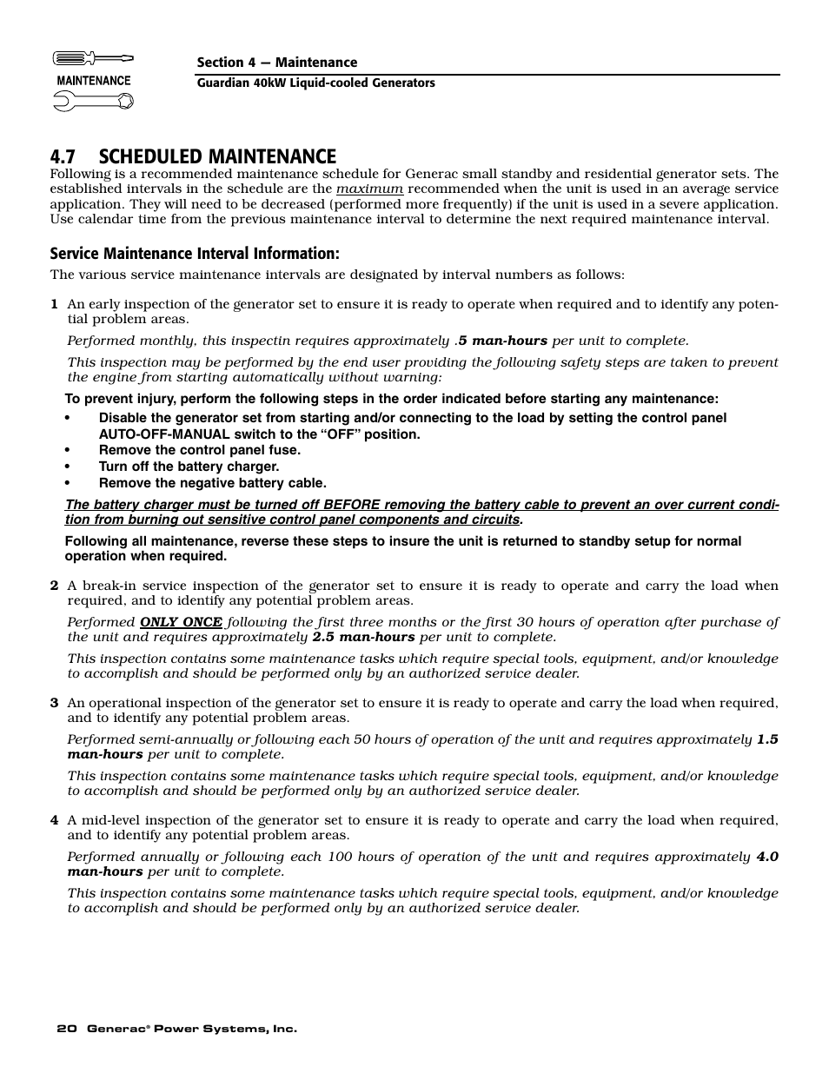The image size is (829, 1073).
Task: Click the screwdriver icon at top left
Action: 93,59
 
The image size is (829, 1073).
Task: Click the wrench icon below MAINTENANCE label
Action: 93,102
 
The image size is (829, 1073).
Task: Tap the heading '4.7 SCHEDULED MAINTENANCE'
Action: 193,156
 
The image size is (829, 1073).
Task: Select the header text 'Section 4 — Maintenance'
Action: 276,63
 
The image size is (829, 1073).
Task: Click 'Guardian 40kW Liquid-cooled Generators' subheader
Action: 315,83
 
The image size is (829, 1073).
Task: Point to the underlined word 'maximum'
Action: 369,189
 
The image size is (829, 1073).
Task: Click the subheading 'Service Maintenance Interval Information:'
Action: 194,254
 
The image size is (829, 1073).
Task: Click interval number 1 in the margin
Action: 54,304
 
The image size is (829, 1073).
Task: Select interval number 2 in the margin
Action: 54,586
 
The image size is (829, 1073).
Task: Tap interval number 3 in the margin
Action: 54,703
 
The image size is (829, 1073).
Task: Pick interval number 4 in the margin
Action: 54,820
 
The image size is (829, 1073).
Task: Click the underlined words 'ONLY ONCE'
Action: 181,622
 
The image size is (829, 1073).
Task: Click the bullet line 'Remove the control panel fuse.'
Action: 199,450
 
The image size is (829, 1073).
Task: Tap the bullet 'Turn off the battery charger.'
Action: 189,467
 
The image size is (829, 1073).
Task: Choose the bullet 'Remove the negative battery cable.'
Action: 212,483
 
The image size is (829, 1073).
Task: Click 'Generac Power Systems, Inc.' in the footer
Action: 191,1029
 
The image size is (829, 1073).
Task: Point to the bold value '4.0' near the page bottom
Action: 766,857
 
